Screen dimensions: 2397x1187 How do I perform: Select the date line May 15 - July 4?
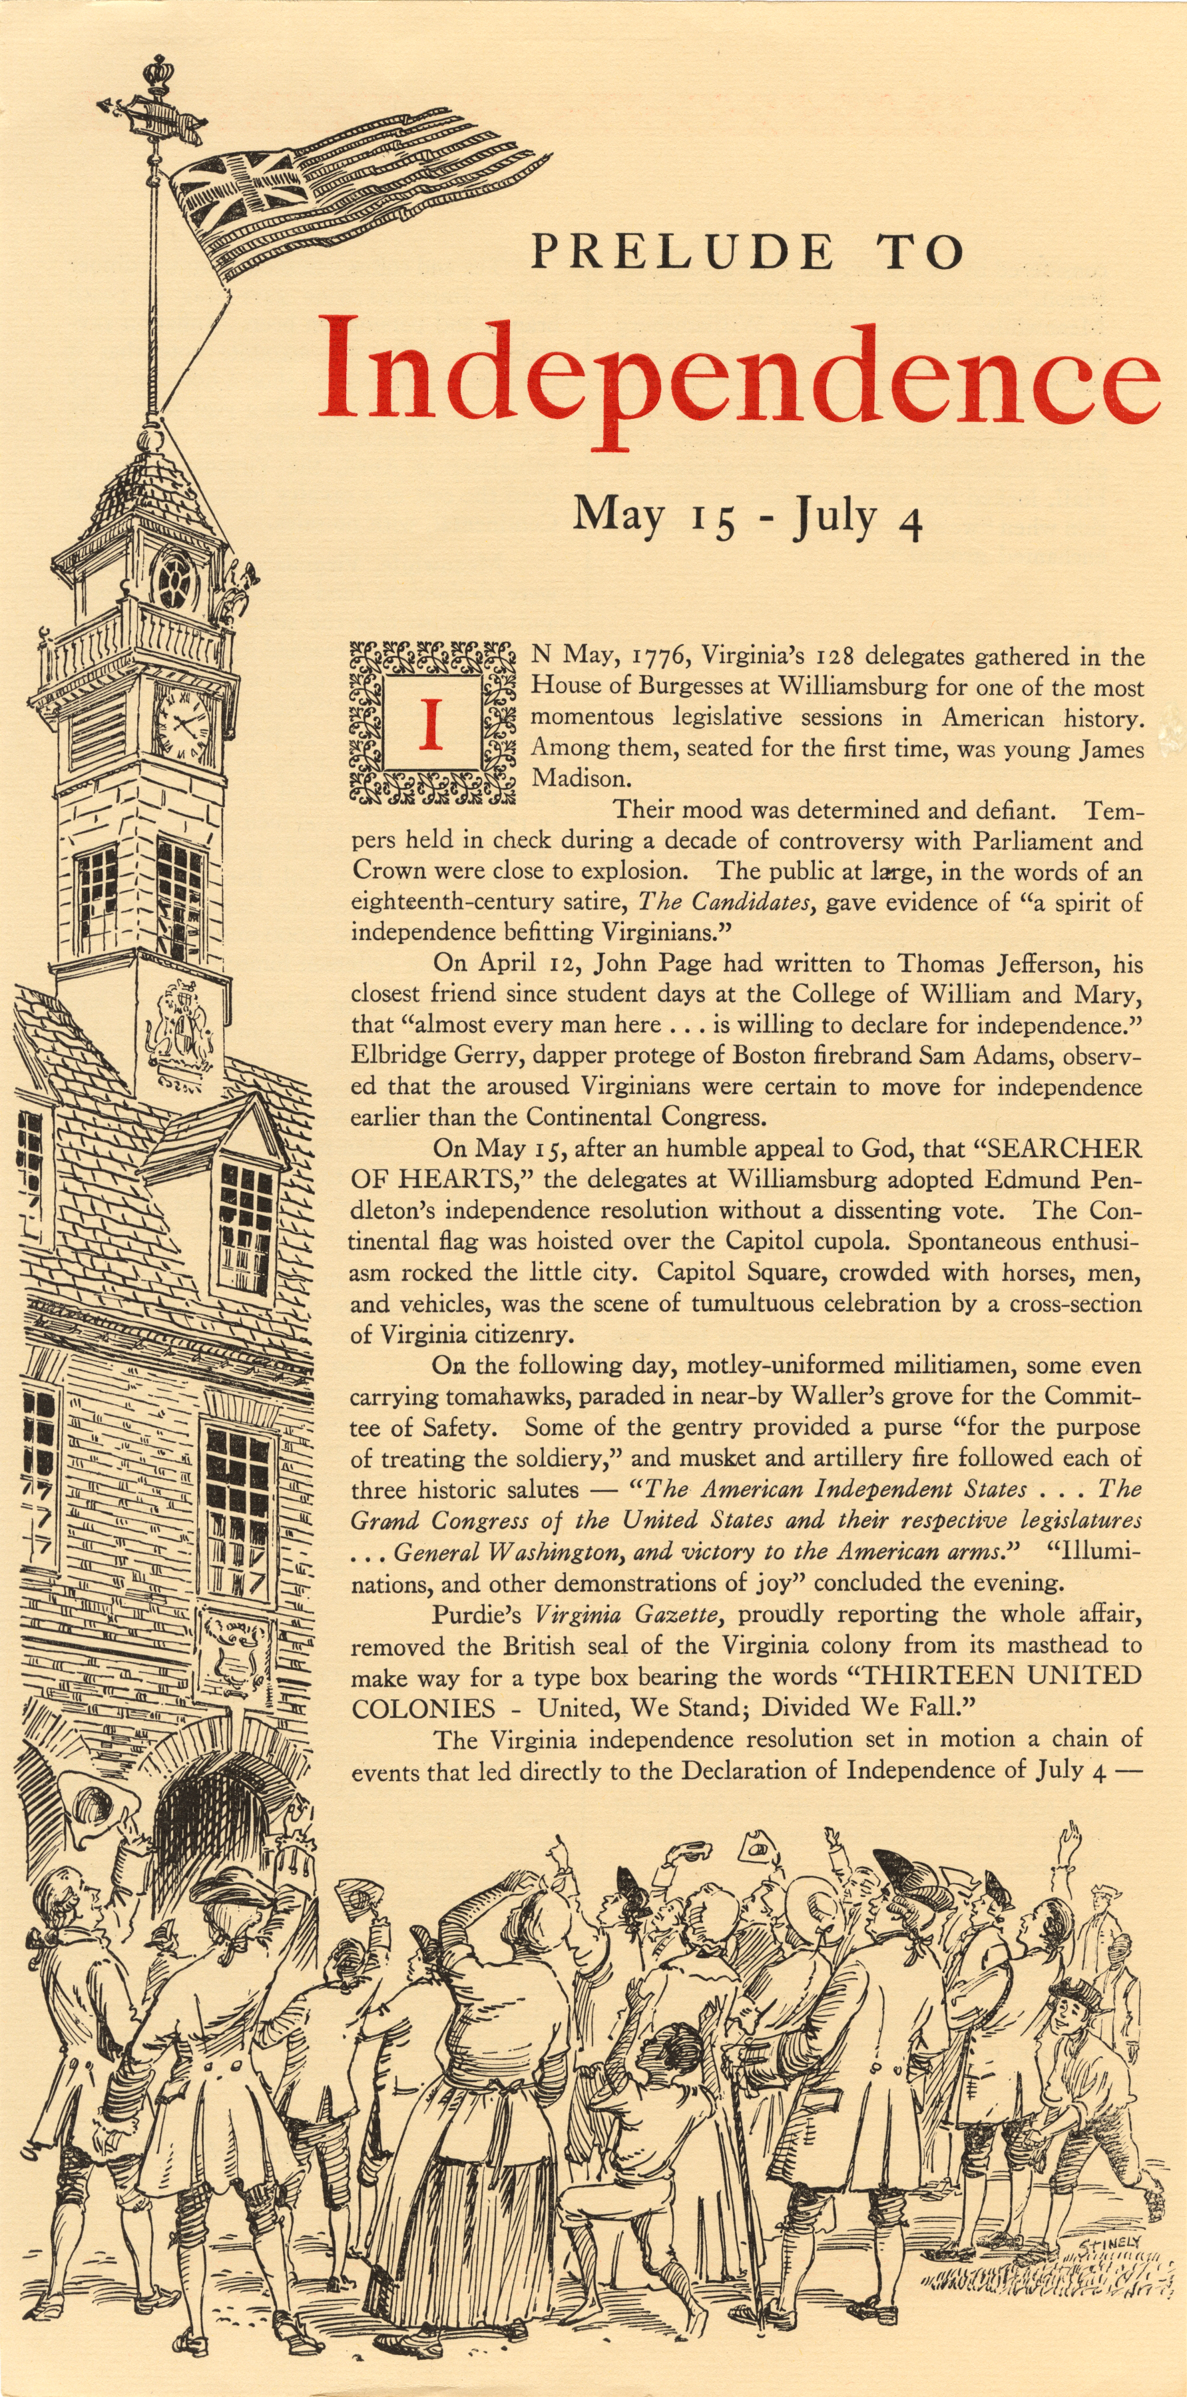point(747,517)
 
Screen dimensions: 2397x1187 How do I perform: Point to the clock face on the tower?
point(183,723)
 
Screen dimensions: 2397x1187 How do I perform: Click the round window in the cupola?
point(174,581)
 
